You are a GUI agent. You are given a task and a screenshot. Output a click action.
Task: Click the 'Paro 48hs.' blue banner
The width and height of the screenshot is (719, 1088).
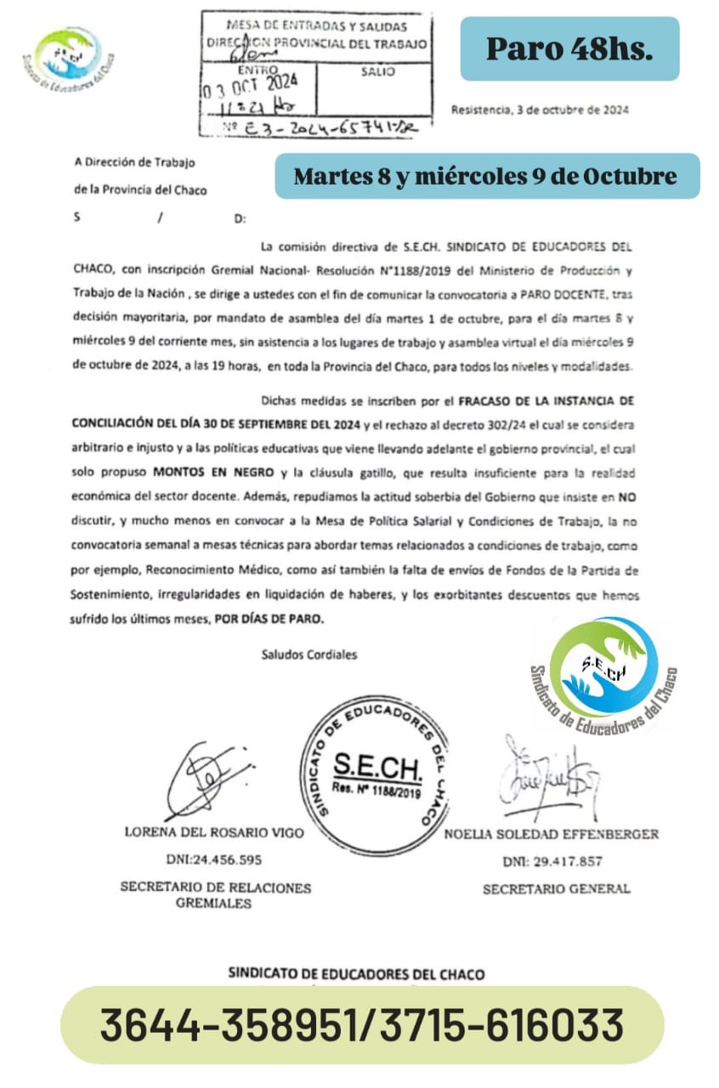tap(569, 49)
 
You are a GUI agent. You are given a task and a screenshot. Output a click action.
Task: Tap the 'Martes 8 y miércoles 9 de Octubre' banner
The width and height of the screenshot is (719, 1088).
tap(486, 176)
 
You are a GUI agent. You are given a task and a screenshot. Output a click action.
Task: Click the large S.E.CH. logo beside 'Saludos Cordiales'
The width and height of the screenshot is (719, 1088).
tap(603, 671)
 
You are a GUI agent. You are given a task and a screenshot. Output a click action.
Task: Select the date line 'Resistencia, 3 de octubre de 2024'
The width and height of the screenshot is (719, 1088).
tap(540, 110)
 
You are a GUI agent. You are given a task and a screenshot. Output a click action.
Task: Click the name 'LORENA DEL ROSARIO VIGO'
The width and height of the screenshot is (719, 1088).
tap(213, 833)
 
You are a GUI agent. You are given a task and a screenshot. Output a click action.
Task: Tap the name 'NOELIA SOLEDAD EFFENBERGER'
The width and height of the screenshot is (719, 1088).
tap(551, 834)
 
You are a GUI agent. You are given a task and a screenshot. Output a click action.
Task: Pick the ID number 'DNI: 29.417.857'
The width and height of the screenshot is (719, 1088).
tap(552, 861)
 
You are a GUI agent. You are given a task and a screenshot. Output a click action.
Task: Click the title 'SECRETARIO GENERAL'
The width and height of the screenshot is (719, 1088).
tap(557, 889)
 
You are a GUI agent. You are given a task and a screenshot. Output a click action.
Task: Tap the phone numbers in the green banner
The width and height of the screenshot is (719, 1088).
tap(362, 1024)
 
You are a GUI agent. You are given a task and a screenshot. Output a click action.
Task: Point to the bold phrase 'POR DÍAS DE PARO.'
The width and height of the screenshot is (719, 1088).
tap(267, 620)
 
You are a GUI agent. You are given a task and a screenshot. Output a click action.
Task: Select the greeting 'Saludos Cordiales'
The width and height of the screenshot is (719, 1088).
tap(309, 654)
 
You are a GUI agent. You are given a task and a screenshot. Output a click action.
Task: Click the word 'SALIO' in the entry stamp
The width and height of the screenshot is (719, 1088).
tap(377, 72)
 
